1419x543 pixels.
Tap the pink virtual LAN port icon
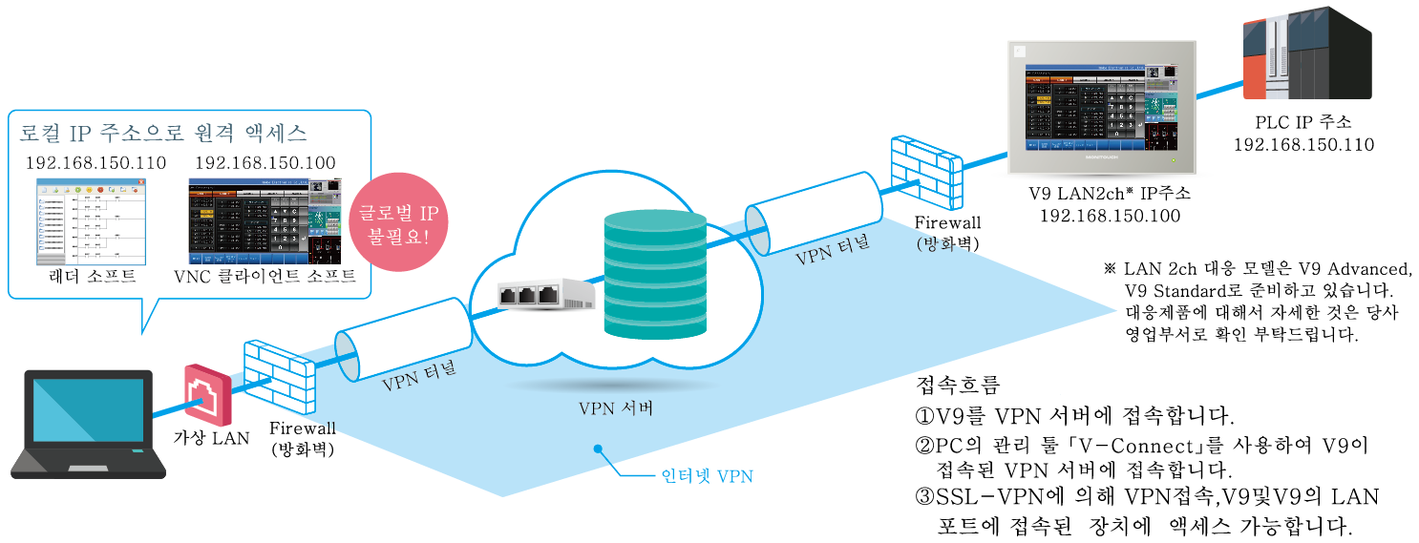[207, 393]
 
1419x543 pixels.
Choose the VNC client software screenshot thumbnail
[265, 222]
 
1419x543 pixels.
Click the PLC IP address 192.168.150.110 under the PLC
[1303, 145]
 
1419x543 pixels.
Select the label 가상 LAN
[210, 438]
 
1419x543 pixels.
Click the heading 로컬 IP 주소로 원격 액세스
[163, 131]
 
